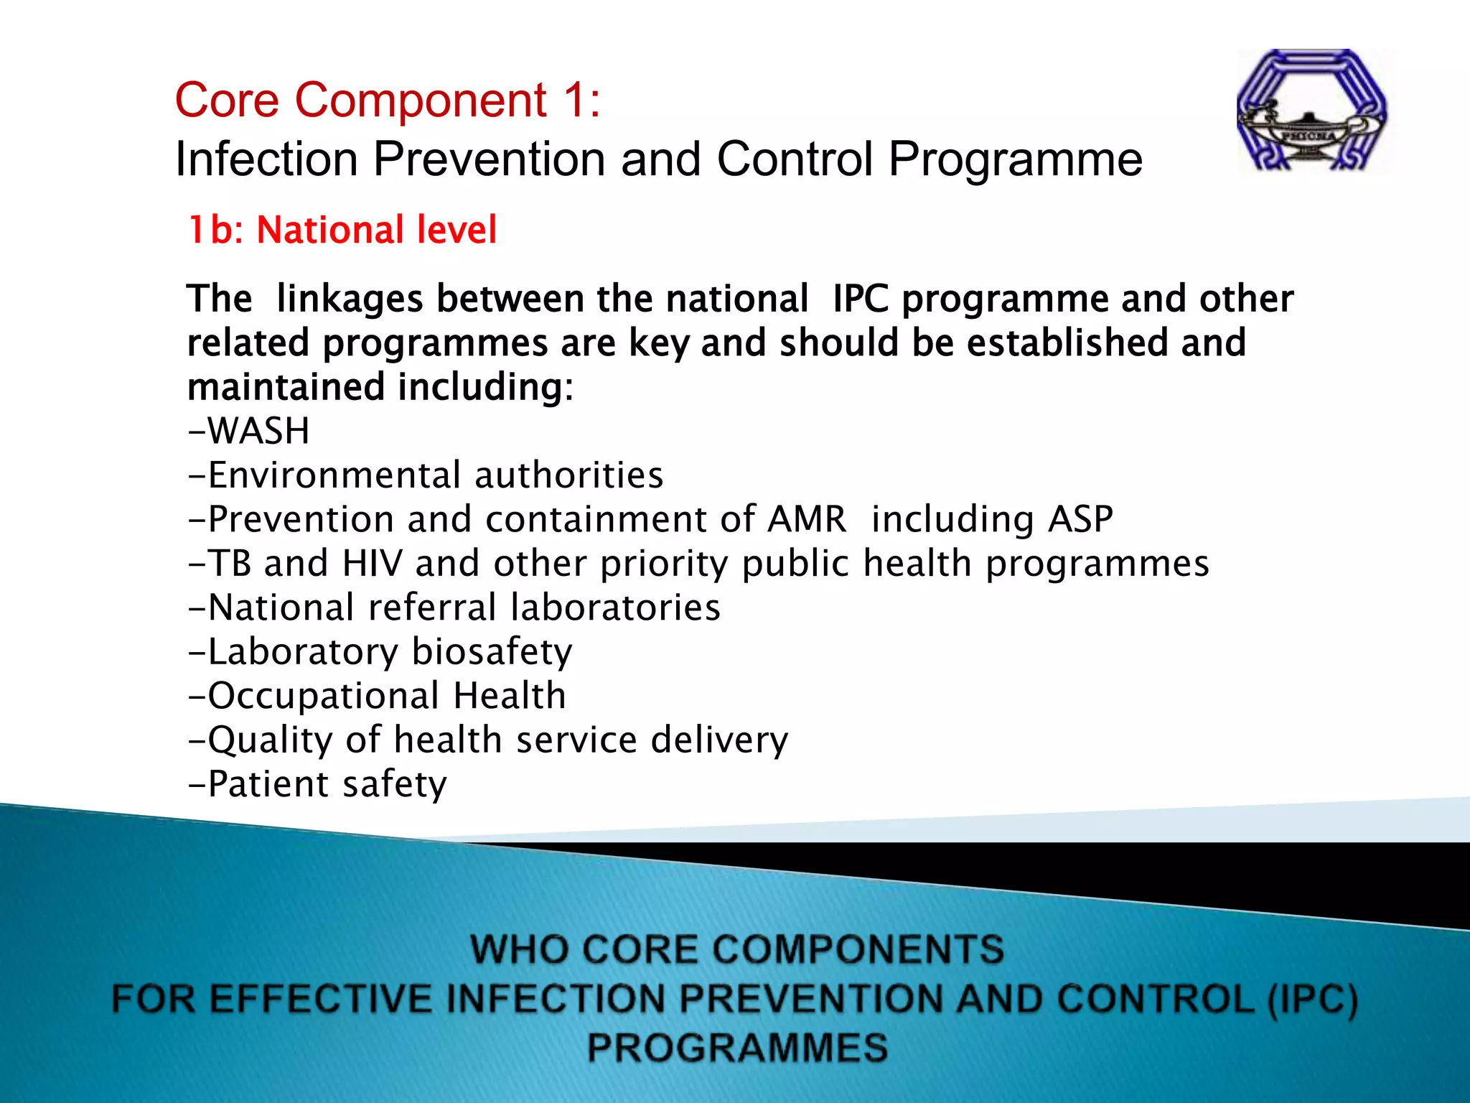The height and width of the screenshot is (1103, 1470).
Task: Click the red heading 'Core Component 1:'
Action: click(x=388, y=100)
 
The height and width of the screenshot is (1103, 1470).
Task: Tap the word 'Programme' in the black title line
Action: click(x=1015, y=159)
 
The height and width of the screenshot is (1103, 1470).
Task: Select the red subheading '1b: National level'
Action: click(x=342, y=231)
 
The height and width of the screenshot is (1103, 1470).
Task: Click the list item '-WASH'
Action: click(x=249, y=431)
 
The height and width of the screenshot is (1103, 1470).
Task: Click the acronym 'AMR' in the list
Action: click(x=807, y=519)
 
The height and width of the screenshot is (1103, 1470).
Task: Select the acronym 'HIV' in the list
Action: click(x=372, y=563)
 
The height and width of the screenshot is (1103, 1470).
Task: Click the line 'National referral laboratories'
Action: click(x=454, y=608)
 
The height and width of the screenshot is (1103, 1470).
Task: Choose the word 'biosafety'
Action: click(x=492, y=652)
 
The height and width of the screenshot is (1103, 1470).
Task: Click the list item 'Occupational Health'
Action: click(x=377, y=696)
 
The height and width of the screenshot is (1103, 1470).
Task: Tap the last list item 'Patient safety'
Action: click(x=317, y=784)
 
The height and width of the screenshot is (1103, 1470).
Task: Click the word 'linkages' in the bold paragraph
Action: click(x=350, y=299)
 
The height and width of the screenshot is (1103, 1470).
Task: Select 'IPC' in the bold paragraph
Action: click(x=861, y=299)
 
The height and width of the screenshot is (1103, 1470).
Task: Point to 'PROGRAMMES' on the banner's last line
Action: click(x=737, y=1048)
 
